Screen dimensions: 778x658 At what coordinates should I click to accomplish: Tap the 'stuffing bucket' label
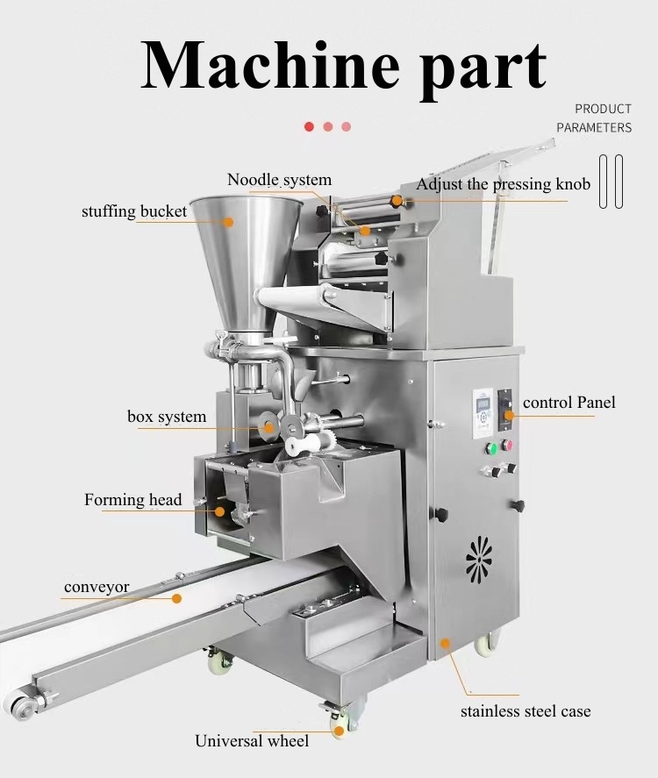134,211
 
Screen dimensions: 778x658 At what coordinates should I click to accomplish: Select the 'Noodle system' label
279,180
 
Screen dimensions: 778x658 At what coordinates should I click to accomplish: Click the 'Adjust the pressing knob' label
503,184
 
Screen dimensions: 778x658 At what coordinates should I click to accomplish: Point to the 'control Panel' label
569,403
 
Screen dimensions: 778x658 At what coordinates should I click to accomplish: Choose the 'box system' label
167,417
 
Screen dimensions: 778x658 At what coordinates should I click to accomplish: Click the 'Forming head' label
133,500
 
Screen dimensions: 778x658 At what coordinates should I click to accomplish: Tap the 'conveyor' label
97,587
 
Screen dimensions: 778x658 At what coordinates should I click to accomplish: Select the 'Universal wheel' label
252,741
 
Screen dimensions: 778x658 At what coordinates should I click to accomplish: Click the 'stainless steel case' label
526,711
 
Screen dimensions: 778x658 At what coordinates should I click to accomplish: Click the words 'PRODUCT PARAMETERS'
594,118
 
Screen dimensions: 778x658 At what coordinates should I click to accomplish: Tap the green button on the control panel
491,448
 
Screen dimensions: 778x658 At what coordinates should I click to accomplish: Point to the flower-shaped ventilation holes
479,557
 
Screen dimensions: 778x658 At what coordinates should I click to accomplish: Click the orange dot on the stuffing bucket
230,222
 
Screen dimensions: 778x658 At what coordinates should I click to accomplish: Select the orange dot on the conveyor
176,599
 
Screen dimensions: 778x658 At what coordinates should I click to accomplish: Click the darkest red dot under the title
309,126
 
